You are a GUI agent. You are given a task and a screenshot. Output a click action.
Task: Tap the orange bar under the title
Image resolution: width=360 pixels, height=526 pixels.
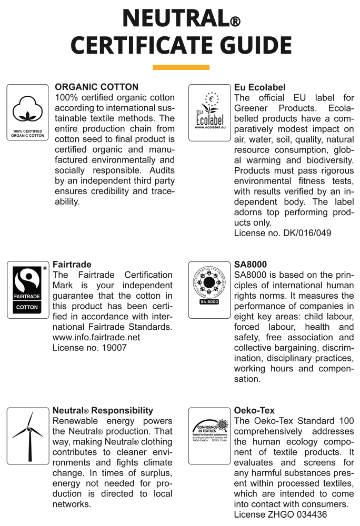coord(181,67)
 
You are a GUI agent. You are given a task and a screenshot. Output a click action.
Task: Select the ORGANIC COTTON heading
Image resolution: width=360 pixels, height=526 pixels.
coord(97,87)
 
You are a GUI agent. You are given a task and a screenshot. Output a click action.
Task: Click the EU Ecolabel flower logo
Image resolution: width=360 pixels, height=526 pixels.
coord(209,113)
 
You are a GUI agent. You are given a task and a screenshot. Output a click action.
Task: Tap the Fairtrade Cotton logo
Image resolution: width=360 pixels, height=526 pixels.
coord(27,290)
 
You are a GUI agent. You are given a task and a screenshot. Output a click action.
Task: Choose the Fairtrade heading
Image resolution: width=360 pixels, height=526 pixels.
coord(72,265)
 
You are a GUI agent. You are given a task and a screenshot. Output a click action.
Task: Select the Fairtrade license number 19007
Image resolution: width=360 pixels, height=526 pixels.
coord(89,348)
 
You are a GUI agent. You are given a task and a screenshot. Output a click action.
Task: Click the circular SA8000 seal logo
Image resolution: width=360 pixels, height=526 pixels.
coord(209,286)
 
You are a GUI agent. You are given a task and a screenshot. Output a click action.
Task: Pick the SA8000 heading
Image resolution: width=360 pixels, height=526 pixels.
coord(251,265)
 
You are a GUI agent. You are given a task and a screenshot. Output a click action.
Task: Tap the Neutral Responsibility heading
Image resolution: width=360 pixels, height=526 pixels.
coord(103,410)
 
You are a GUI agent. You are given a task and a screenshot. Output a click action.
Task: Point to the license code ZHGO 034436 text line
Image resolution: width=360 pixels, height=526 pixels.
coord(281,514)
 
